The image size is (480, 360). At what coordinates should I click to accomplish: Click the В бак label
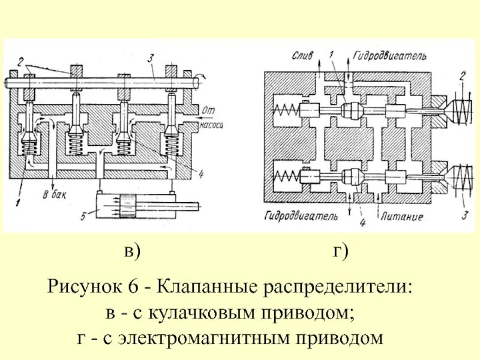pyautogui.click(x=53, y=194)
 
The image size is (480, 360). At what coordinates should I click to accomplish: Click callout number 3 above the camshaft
pyautogui.click(x=154, y=58)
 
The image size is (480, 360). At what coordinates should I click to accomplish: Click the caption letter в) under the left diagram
pyautogui.click(x=132, y=252)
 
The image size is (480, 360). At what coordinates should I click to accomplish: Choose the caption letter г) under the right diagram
pyautogui.click(x=342, y=252)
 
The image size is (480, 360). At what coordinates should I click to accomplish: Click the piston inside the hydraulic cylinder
pyautogui.click(x=128, y=206)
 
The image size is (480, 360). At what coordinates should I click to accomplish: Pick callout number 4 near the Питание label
pyautogui.click(x=362, y=223)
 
